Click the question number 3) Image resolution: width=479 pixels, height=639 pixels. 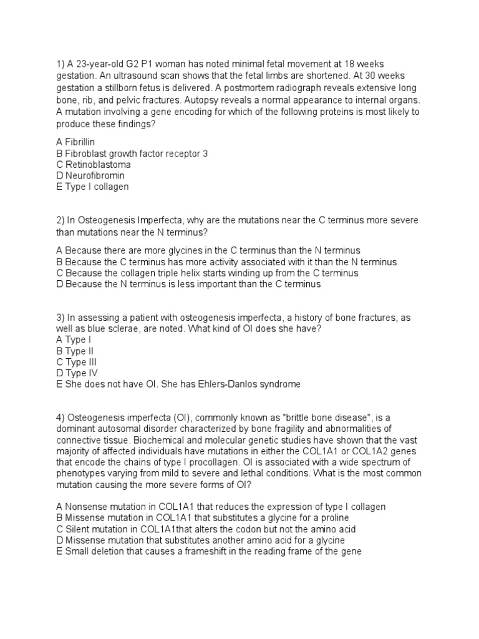pyautogui.click(x=60, y=318)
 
